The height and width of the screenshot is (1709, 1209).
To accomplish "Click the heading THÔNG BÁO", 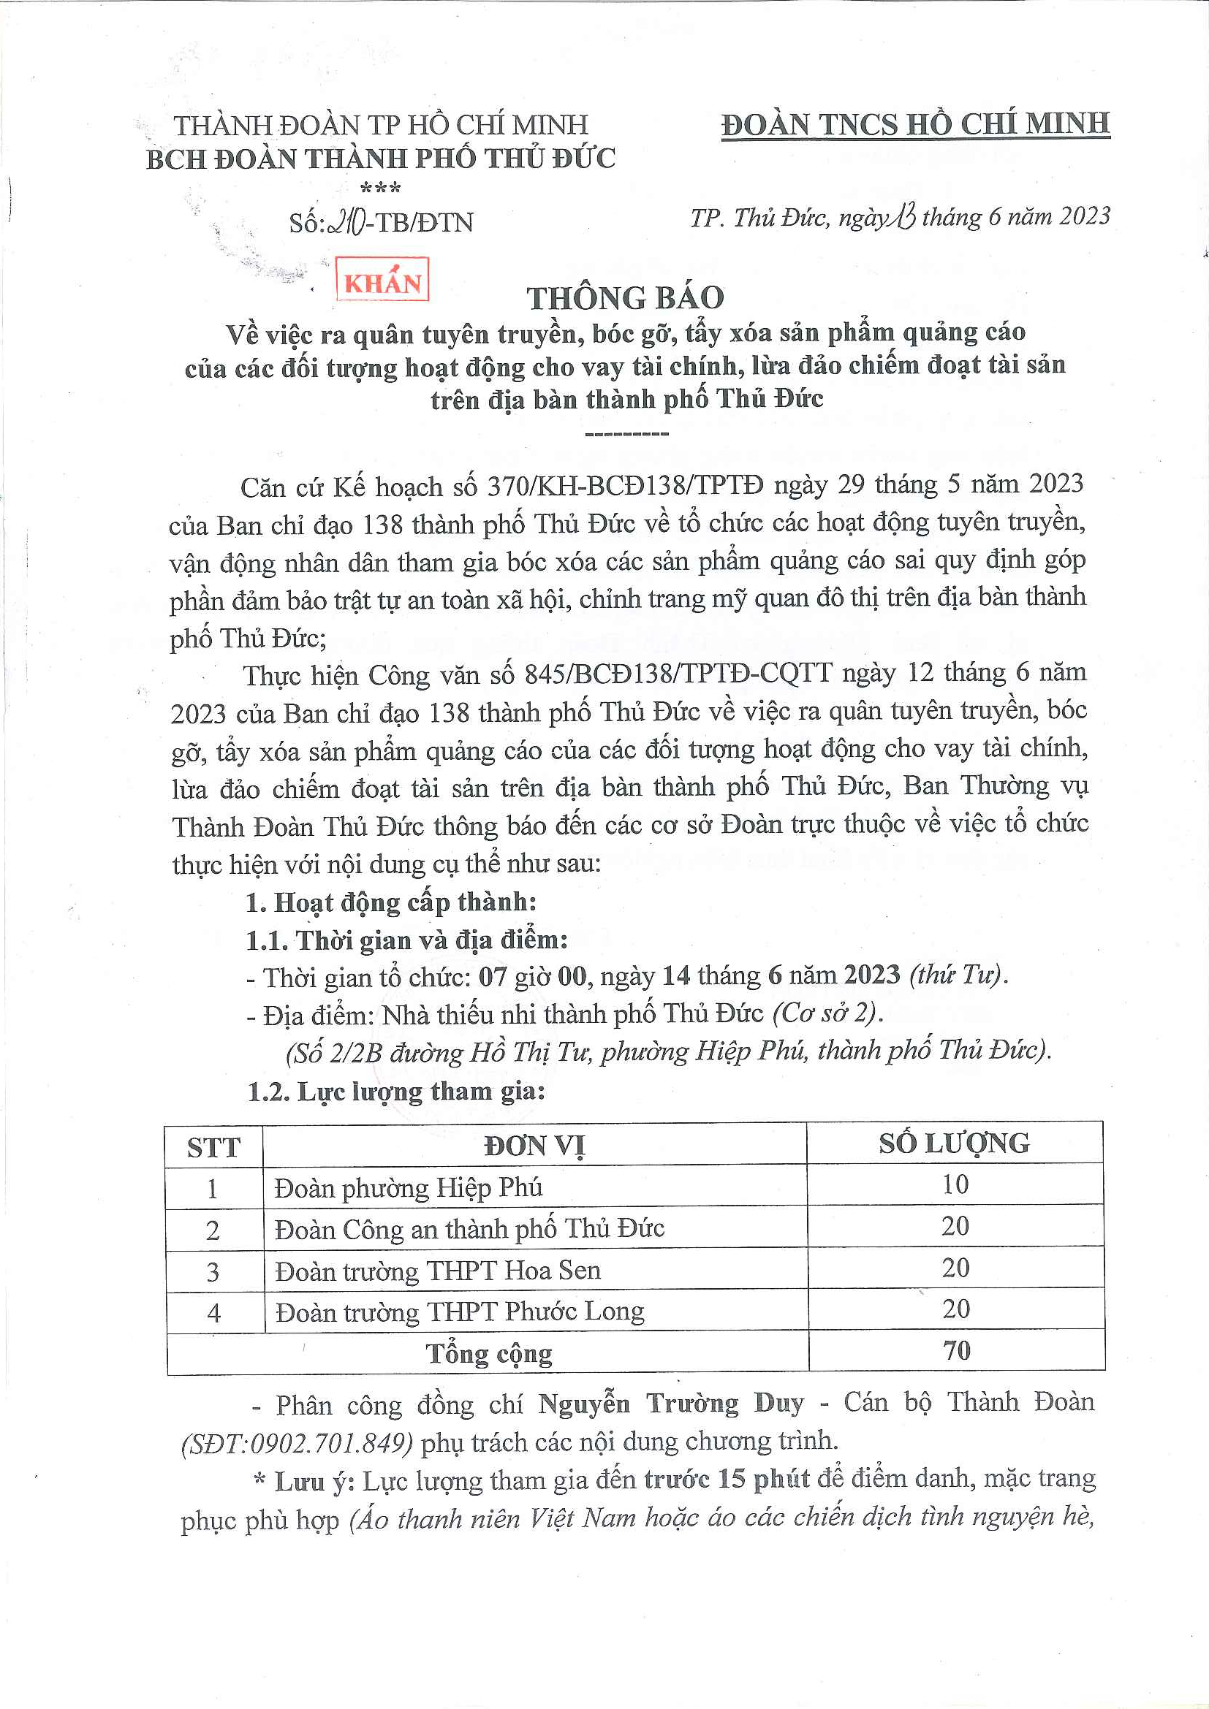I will point(626,297).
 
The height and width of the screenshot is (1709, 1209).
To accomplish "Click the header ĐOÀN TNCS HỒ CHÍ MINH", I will point(915,123).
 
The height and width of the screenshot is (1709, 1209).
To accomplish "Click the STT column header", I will point(213,1147).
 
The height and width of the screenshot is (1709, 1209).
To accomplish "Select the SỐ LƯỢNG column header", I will point(955,1143).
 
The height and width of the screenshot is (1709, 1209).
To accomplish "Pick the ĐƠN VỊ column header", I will point(534,1146).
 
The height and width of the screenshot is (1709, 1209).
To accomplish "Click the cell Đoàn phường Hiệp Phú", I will point(408,1187).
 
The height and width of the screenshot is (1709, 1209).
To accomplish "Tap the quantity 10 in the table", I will point(955,1184).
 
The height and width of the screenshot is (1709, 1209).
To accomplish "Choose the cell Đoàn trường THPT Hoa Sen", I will point(438,1270).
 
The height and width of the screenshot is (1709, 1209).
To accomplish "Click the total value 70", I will point(957,1350).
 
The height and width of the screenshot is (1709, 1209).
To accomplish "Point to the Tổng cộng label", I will point(489,1352).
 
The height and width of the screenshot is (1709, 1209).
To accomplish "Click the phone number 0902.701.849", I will point(330,1442).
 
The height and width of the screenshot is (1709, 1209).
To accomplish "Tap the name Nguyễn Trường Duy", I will point(671,1403).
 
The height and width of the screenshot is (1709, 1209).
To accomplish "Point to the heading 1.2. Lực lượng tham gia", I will point(396,1092).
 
